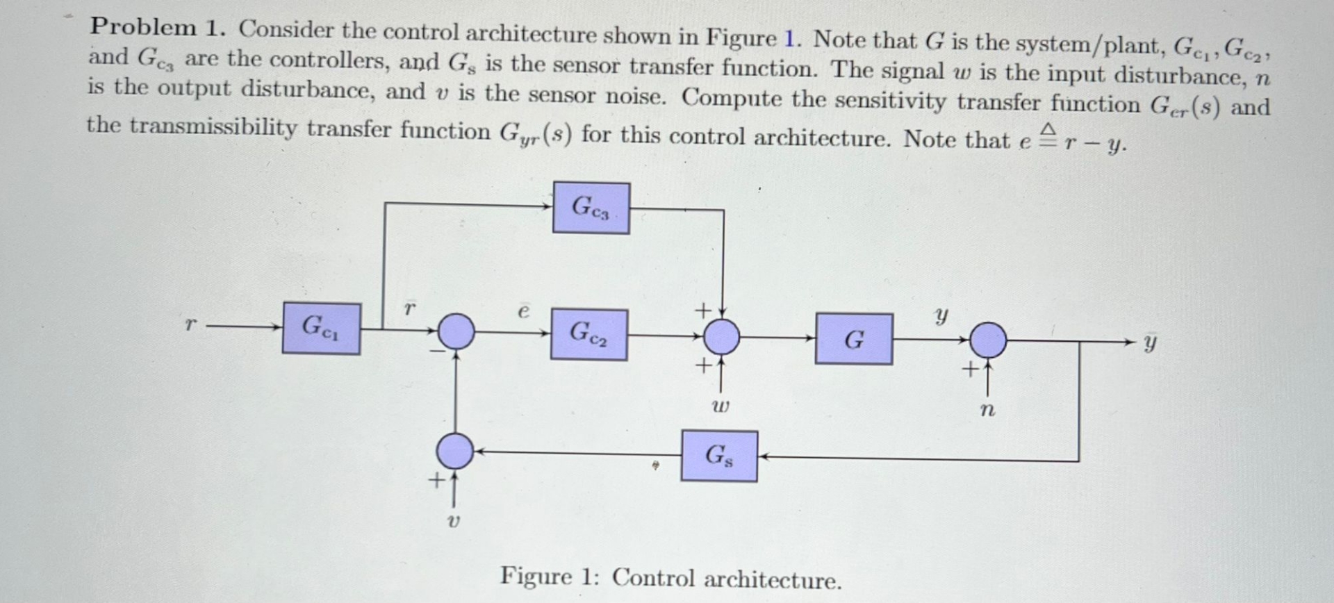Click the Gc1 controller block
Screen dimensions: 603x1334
pos(321,328)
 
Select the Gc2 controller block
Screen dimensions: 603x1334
pos(588,335)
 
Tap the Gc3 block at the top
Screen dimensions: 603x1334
pos(591,208)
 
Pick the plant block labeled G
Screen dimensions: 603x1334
pos(854,339)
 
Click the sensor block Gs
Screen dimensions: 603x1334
pos(719,456)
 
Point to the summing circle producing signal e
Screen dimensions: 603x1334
pos(456,331)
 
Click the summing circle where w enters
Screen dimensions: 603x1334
pos(722,338)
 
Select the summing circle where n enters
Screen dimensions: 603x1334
pos(987,340)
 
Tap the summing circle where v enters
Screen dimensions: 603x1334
pos(454,451)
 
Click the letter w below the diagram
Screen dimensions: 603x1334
pos(721,406)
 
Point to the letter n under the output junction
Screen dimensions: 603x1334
pos(987,410)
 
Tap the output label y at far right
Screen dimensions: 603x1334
pos(1151,343)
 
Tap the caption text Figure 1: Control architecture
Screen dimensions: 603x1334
pos(670,578)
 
